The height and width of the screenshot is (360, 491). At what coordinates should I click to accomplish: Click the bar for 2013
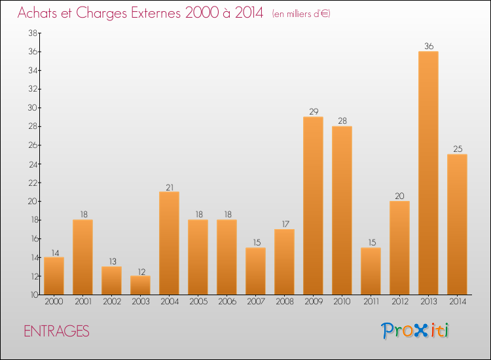tap(428, 173)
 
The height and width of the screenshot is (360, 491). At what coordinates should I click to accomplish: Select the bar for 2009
tap(313, 206)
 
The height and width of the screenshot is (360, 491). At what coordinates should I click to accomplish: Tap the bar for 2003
tap(140, 285)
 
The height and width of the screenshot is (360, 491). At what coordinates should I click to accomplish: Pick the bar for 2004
tap(169, 243)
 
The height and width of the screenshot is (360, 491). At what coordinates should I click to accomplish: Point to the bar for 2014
tap(457, 224)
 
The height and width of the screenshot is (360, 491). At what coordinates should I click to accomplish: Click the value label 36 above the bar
tap(428, 46)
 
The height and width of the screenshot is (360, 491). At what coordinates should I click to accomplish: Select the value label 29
tap(313, 112)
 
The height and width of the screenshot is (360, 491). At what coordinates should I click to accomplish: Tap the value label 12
tap(140, 271)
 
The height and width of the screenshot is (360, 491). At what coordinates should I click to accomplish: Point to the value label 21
tap(169, 187)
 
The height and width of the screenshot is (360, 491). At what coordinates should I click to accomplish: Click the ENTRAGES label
tap(56, 331)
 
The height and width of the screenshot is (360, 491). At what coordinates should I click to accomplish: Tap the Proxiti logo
tap(415, 331)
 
